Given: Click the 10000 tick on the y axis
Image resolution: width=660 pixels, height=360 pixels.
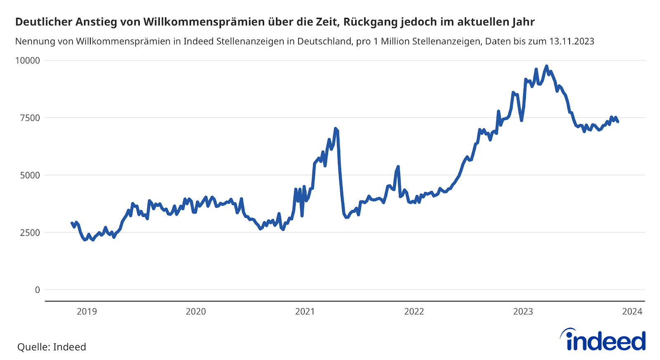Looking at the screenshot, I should [x=28, y=61].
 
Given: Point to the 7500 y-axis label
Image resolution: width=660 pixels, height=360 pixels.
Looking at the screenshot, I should [x=30, y=118].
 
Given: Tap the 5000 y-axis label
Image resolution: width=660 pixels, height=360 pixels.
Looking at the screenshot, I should [x=30, y=175].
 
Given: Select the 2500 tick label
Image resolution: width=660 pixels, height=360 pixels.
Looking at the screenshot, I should [x=30, y=233].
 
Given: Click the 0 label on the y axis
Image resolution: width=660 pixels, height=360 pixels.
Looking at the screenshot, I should [x=38, y=290].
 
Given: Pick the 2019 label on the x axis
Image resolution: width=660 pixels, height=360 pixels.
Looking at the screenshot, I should [x=87, y=312].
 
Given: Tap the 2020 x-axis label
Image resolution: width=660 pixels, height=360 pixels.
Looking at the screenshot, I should [x=196, y=312].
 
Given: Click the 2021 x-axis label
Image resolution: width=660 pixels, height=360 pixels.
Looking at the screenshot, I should [x=305, y=312].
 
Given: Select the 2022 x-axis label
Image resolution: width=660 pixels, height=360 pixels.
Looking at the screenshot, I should [x=414, y=312].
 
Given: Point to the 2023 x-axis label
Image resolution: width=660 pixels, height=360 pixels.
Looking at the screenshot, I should [x=523, y=312].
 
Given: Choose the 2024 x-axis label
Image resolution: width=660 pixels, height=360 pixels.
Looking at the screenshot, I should [x=632, y=312].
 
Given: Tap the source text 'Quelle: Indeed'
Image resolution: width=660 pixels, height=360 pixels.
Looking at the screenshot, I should [x=52, y=347].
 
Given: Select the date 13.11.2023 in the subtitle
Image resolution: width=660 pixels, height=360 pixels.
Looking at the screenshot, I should [x=572, y=41].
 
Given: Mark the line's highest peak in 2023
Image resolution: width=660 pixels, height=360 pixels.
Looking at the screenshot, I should [x=547, y=66].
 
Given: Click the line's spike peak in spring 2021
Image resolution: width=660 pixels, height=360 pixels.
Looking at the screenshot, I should [x=335, y=129].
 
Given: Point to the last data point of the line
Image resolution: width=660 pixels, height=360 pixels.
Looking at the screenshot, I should [x=618, y=121].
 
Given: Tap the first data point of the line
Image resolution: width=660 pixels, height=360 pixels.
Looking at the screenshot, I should [x=72, y=223].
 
